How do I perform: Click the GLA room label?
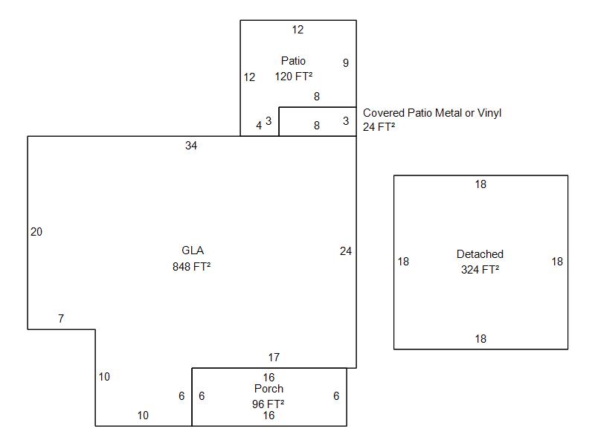tap(193, 251)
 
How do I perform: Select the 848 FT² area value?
tap(192, 267)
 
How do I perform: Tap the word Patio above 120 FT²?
tap(293, 61)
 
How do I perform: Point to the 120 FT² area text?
tap(294, 77)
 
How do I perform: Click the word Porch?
tap(268, 389)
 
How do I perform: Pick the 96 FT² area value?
tap(268, 404)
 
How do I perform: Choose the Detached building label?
tap(480, 254)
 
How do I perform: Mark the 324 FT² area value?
tap(480, 270)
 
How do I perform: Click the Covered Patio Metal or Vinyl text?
tap(432, 113)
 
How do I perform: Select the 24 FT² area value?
tap(379, 127)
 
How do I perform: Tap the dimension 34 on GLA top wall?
tap(191, 146)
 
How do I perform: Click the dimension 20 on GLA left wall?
tap(36, 232)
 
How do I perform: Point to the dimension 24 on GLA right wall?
tap(346, 251)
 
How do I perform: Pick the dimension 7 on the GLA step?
tap(61, 319)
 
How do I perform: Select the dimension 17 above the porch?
tap(274, 358)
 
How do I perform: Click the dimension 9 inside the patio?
tap(346, 63)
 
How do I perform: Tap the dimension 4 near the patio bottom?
tap(259, 126)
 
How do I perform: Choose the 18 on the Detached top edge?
tap(480, 184)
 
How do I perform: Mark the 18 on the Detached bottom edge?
tap(480, 339)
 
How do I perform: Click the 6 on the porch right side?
tap(336, 396)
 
